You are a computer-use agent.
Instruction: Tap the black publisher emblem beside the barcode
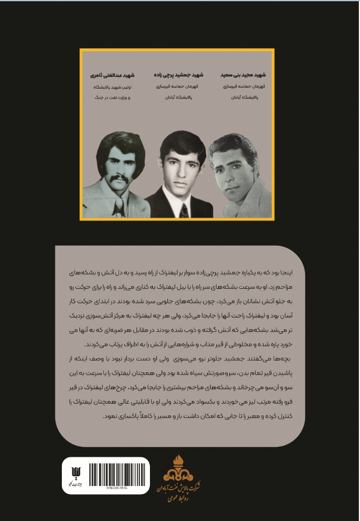[x=73, y=471]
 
